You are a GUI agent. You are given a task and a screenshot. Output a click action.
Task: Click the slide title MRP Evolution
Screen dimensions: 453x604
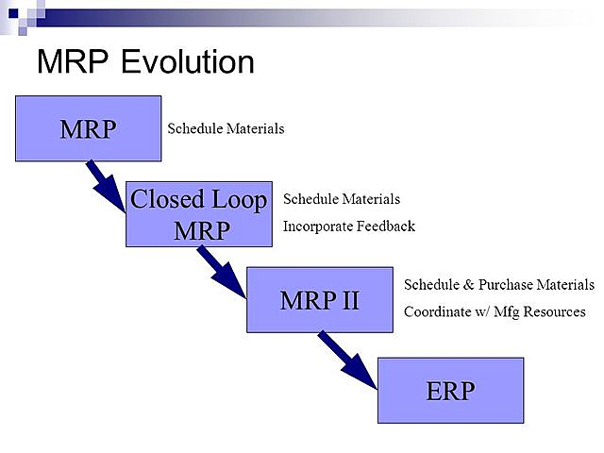click(145, 62)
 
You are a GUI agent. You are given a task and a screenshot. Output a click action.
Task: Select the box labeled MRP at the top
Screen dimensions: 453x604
click(88, 128)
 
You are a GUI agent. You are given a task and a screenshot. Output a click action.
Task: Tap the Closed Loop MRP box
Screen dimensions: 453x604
click(199, 214)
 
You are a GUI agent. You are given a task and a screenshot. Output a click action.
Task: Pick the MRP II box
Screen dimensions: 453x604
click(319, 300)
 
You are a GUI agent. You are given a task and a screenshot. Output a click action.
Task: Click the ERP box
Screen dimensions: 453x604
click(450, 390)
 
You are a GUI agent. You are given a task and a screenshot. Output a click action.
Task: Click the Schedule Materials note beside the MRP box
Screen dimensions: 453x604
click(226, 128)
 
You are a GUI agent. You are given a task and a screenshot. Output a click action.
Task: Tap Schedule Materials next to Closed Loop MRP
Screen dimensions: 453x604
click(342, 199)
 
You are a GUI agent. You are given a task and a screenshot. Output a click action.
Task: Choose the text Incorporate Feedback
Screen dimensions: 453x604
click(349, 226)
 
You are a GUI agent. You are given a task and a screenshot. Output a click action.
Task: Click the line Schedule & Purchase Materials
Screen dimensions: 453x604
click(499, 284)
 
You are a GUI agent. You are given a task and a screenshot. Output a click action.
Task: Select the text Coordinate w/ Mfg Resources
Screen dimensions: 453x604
click(495, 311)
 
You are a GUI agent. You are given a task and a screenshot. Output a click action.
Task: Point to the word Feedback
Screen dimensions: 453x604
click(385, 226)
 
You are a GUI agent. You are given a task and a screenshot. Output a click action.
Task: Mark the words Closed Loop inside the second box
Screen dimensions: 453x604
click(199, 200)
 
